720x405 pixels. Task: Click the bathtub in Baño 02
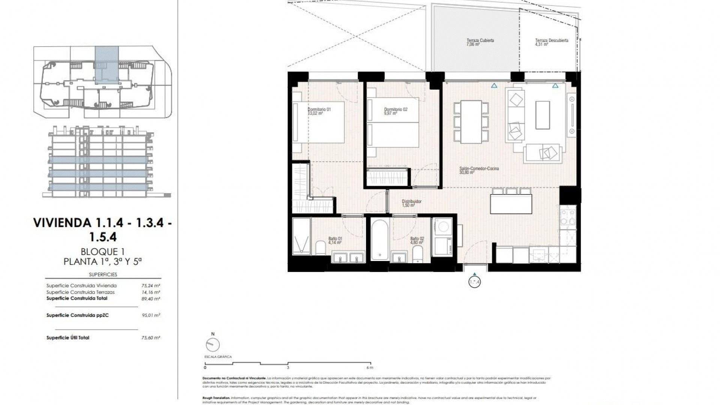click(379, 240)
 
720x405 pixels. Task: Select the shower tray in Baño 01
click(301, 237)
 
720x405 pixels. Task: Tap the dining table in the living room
click(471, 121)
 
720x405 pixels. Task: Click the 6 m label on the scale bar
click(370, 368)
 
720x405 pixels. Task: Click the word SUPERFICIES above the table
click(103, 274)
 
